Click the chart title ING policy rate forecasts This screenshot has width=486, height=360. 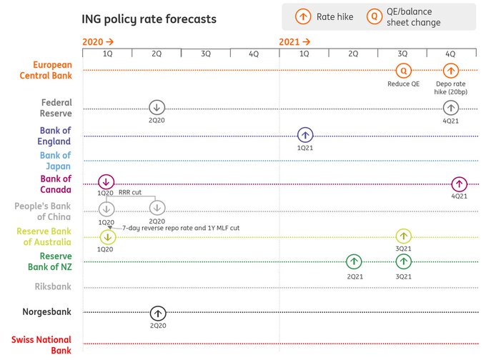click(149, 19)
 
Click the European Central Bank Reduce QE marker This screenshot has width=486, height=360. click(404, 70)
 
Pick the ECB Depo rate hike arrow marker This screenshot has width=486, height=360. click(450, 70)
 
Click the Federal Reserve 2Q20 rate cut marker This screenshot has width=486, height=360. click(157, 108)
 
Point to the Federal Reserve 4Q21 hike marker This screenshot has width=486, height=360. click(450, 108)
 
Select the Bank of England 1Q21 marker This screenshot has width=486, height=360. click(305, 134)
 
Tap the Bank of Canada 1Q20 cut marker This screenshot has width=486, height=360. click(106, 181)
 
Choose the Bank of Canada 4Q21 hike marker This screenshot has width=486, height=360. click(459, 184)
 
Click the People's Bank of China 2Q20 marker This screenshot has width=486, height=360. click(157, 208)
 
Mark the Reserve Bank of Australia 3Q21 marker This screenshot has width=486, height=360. click(404, 236)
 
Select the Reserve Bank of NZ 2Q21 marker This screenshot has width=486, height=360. click(354, 261)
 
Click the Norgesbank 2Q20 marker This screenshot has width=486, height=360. click(158, 313)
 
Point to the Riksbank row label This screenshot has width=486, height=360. click(53, 286)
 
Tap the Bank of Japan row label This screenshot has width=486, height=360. click(55, 160)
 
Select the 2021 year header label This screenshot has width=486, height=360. click(294, 42)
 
